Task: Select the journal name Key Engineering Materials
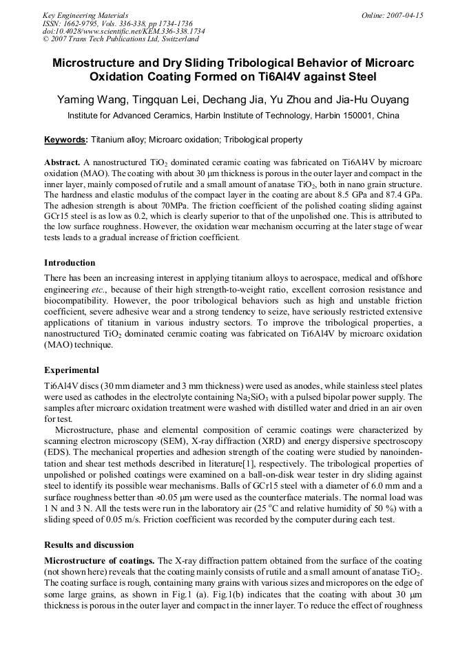pyautogui.click(x=85, y=15)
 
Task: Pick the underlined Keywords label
pyautogui.click(x=65, y=140)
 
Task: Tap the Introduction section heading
pyautogui.click(x=70, y=263)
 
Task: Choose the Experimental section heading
pyautogui.click(x=72, y=370)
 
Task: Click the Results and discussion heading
pyautogui.click(x=89, y=544)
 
